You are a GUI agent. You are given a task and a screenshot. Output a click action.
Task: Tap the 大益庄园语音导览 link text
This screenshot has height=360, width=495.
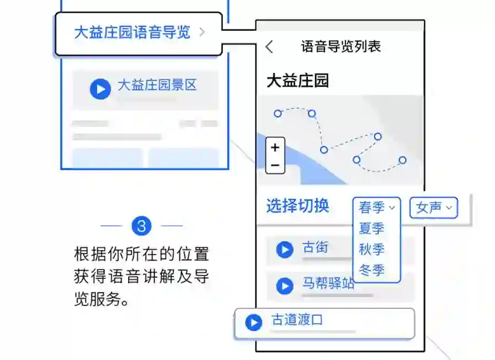(x=132, y=33)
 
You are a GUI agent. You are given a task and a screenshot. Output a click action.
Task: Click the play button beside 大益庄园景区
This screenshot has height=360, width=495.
(x=100, y=88)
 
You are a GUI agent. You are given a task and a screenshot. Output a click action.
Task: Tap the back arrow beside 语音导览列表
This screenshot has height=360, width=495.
(x=269, y=46)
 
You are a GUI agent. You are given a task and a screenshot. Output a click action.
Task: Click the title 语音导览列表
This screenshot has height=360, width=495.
(x=340, y=46)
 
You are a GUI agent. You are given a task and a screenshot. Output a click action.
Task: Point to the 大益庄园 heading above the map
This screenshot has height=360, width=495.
(x=297, y=81)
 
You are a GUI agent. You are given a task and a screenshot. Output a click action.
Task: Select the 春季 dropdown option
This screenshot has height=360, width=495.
(x=377, y=208)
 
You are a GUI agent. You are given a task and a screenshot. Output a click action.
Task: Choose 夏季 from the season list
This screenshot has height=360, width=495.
(x=371, y=229)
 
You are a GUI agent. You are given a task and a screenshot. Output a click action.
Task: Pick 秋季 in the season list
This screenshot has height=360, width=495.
(x=371, y=250)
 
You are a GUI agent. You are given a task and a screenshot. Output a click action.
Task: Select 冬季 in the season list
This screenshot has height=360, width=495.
(x=371, y=271)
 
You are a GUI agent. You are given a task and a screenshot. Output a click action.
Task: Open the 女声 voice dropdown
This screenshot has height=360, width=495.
(x=433, y=208)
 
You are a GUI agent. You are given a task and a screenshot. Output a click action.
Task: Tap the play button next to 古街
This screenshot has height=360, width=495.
(x=285, y=250)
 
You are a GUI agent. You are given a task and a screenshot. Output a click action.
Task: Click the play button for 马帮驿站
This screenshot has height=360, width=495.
(x=285, y=286)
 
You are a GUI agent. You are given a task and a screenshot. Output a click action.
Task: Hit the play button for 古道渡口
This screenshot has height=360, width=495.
(x=254, y=322)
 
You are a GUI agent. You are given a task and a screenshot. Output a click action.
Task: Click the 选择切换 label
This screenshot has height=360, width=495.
(x=297, y=206)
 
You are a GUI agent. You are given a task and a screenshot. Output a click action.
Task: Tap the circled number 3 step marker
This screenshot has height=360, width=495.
(x=141, y=226)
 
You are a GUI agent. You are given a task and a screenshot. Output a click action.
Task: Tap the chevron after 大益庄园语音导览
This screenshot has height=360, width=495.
(x=202, y=33)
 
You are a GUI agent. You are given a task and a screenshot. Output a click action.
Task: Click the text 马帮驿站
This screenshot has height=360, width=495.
(x=328, y=284)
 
